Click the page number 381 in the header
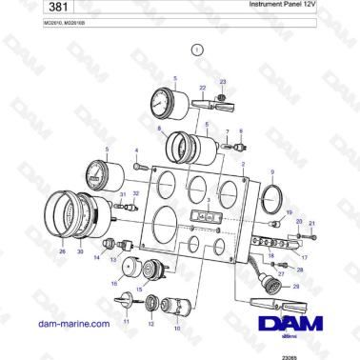point(30,9)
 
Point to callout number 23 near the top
point(223,83)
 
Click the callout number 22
point(202,88)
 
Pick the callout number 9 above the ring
point(272,172)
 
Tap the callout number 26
point(63,252)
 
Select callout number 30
point(80,252)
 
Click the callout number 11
point(124,323)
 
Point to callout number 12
point(150,325)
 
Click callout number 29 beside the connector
point(295,287)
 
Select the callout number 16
point(114,284)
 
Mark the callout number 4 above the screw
point(136,150)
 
